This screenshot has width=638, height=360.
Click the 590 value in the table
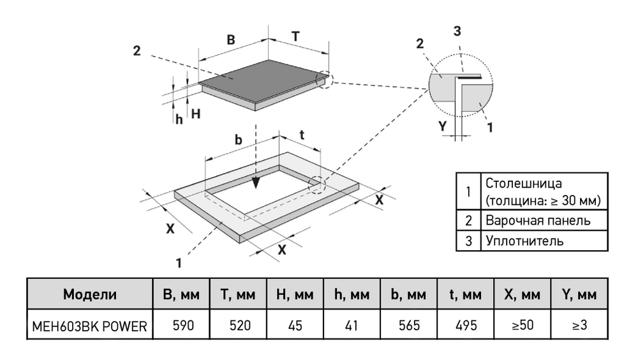pyautogui.click(x=183, y=326)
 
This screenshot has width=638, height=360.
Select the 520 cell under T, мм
pyautogui.click(x=240, y=326)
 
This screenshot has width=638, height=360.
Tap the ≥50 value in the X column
pyautogui.click(x=523, y=325)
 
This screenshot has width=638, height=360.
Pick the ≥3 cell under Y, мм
pyautogui.click(x=579, y=325)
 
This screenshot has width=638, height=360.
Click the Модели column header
pyautogui.click(x=90, y=294)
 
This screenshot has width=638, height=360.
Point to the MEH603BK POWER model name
pyautogui.click(x=89, y=326)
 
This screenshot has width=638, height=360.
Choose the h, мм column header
pyautogui.click(x=352, y=294)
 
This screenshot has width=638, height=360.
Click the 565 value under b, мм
pyautogui.click(x=409, y=326)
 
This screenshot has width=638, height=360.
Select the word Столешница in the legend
pyautogui.click(x=524, y=183)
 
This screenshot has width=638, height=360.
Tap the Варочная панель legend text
pyautogui.click(x=538, y=220)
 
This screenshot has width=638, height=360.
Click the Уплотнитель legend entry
pyautogui.click(x=525, y=241)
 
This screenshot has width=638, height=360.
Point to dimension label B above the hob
pyautogui.click(x=231, y=40)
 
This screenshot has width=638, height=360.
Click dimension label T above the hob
pyautogui.click(x=295, y=36)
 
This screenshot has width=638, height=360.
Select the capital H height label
pyautogui.click(x=196, y=114)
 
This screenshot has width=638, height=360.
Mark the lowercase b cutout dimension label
pyautogui.click(x=238, y=140)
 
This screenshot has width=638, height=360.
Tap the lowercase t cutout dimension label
pyautogui.click(x=302, y=135)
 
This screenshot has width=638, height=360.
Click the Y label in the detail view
pyautogui.click(x=442, y=126)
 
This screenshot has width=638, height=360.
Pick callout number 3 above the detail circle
pyautogui.click(x=457, y=31)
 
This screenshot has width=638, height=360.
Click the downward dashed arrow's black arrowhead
pyautogui.click(x=256, y=183)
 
